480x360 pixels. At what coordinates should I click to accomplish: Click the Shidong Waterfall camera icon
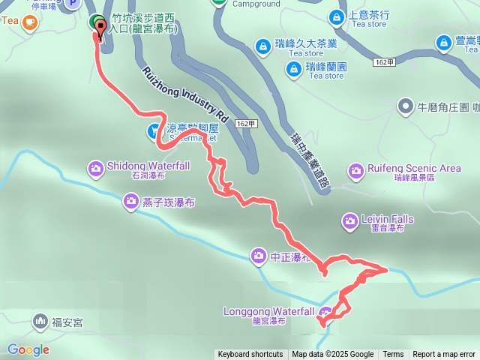pyautogui.click(x=96, y=167)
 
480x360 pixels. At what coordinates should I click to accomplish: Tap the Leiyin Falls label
pyautogui.click(x=387, y=219)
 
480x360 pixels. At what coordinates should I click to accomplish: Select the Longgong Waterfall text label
pyautogui.click(x=268, y=311)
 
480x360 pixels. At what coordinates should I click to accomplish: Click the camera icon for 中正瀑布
pyautogui.click(x=258, y=256)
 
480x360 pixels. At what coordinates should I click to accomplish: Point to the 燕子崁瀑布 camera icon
pyautogui.click(x=130, y=201)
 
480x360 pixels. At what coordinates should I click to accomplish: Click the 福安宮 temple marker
pyautogui.click(x=40, y=322)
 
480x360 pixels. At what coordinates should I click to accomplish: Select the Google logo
pyautogui.click(x=28, y=349)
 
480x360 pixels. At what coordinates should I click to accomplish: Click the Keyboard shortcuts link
pyautogui.click(x=250, y=355)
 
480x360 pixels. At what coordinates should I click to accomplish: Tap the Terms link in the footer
pyautogui.click(x=393, y=355)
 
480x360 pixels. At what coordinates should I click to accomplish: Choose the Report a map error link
pyautogui.click(x=444, y=355)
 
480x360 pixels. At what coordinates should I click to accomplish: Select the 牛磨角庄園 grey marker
pyautogui.click(x=406, y=106)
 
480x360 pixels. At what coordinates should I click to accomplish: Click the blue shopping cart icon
pyautogui.click(x=154, y=132)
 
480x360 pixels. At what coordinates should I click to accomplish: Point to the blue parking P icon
pyautogui.click(x=72, y=4)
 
